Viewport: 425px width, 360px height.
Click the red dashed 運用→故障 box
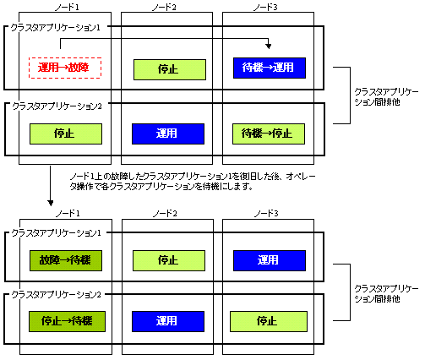coord(65,68)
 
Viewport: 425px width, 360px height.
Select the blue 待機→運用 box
coord(270,68)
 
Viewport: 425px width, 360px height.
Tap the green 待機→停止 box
coord(269,134)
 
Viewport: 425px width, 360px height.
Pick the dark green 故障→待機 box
coord(66,260)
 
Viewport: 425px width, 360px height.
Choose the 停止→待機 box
coord(67,321)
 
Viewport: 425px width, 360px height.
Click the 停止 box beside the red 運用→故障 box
coord(170,69)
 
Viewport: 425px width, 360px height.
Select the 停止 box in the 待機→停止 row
coord(66,134)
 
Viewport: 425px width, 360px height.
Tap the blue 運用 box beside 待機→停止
coord(168,134)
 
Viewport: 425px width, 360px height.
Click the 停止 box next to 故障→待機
coord(169,260)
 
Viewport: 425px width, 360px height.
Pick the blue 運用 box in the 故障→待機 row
coord(270,260)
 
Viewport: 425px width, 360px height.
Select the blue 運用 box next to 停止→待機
coord(168,321)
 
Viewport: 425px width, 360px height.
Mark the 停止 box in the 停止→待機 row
coord(269,321)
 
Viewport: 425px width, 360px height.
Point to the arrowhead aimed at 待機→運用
coord(269,46)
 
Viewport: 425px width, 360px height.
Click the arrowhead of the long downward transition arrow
coord(51,203)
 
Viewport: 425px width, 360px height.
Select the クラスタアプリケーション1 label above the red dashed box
coord(56,28)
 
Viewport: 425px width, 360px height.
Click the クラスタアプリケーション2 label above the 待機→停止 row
coord(57,106)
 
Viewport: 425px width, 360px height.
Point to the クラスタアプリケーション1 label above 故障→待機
coord(56,233)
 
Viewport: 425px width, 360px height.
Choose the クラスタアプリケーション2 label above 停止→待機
coord(56,295)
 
